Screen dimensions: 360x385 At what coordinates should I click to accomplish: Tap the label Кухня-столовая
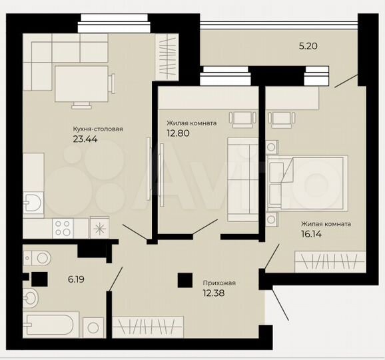click(98, 129)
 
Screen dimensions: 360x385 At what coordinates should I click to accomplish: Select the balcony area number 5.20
click(308, 46)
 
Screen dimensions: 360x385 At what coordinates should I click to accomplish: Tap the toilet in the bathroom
click(37, 256)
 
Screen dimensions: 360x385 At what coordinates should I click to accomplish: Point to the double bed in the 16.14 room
click(306, 181)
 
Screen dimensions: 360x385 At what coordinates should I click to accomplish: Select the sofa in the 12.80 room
click(242, 179)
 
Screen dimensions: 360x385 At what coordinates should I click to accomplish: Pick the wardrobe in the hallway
click(147, 327)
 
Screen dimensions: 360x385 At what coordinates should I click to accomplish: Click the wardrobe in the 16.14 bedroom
click(330, 260)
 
